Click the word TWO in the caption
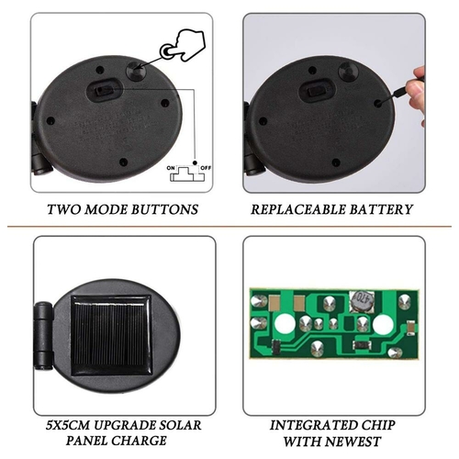(64, 209)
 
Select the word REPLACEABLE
(298, 209)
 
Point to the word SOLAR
(178, 425)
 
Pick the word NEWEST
(353, 442)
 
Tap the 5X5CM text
(68, 425)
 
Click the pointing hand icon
(184, 45)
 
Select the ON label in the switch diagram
(171, 168)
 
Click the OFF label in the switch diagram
(206, 168)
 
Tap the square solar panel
(111, 335)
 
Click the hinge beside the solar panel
(43, 336)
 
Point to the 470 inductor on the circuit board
(362, 301)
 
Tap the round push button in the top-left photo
(137, 72)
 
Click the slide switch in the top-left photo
(104, 91)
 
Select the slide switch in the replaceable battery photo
(317, 91)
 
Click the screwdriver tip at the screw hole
(380, 103)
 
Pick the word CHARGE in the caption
(139, 441)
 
